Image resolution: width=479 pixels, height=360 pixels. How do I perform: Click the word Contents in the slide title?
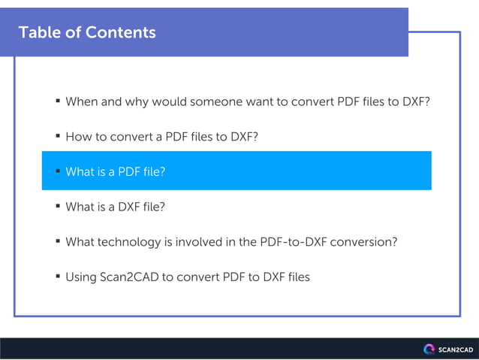click(121, 32)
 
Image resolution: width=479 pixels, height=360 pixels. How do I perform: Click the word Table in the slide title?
click(38, 32)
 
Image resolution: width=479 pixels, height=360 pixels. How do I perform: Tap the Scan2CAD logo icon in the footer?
click(429, 349)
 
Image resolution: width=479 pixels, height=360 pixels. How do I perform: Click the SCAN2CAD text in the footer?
click(455, 349)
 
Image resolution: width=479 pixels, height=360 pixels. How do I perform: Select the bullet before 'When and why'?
click(58, 101)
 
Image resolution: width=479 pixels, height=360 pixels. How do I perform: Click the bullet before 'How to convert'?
click(58, 136)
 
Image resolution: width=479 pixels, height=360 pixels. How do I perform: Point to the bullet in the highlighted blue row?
click(58, 171)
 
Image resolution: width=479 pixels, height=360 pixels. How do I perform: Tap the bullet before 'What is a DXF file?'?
click(58, 206)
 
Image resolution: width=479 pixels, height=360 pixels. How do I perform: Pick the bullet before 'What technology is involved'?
click(58, 241)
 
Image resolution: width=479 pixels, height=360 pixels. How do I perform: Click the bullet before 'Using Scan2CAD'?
click(58, 277)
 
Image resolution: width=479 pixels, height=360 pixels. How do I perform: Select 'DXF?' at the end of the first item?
click(414, 101)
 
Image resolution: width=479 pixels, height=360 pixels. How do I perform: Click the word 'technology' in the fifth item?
click(133, 242)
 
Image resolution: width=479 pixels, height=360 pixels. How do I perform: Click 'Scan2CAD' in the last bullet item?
click(128, 277)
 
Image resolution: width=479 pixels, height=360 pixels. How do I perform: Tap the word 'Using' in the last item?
click(81, 277)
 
